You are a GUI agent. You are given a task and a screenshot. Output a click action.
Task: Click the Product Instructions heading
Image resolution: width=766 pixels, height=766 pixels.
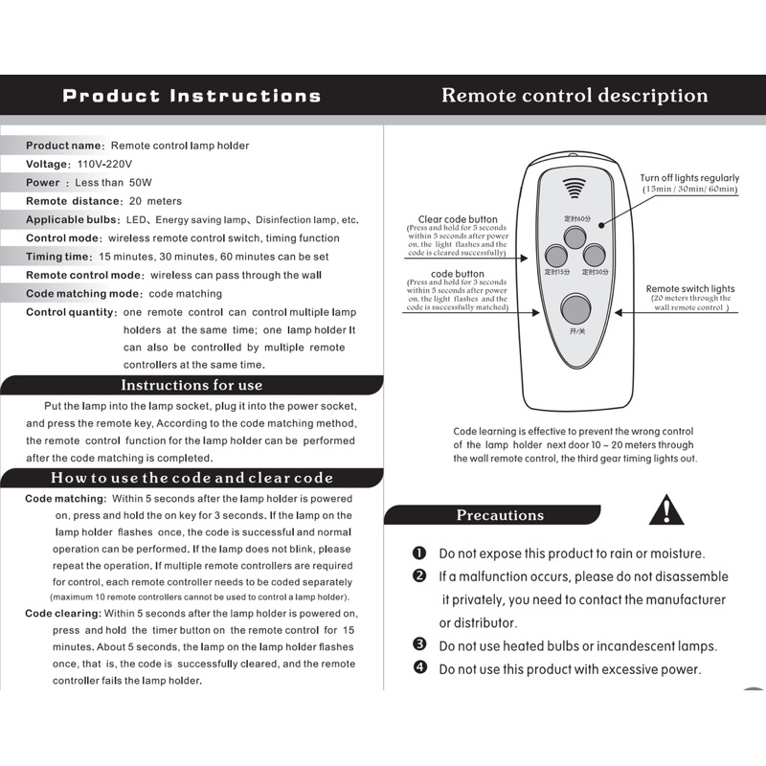point(191,96)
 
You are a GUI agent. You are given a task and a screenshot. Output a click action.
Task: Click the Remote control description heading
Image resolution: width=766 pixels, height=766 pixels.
point(574,96)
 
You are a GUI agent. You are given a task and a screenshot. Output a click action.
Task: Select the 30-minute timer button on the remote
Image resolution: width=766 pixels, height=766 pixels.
point(595,256)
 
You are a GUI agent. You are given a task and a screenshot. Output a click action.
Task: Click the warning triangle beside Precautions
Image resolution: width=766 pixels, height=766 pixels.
point(665,510)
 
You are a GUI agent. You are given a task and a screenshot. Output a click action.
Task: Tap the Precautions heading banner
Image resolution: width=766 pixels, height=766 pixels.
point(500,515)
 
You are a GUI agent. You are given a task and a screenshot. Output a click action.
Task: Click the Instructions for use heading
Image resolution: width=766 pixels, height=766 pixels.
point(191,385)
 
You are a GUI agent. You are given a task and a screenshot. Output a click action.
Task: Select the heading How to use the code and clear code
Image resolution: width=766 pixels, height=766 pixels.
point(191,478)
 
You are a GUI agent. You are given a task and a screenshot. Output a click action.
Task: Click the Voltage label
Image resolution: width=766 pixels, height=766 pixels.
point(47,164)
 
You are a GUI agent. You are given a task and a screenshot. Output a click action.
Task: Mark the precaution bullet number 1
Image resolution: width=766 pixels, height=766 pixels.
point(418,553)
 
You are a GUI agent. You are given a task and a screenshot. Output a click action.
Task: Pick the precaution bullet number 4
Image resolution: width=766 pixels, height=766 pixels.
point(418,668)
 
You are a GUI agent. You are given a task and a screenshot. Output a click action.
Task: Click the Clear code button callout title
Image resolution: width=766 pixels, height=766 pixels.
point(458,219)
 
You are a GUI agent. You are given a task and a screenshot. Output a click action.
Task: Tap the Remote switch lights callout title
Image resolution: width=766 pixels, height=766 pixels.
point(689,288)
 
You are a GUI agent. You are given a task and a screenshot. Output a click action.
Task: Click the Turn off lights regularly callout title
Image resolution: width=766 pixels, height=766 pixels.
point(689,178)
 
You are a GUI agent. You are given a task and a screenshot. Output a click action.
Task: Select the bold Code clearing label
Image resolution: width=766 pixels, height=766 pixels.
point(62,613)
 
